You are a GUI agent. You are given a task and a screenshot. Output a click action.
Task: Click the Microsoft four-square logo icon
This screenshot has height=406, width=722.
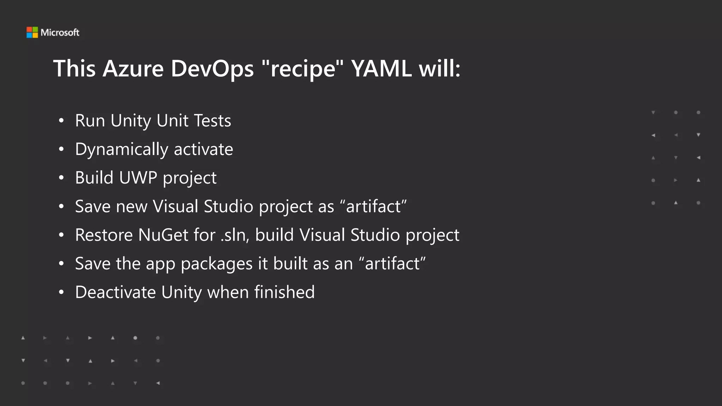(32, 32)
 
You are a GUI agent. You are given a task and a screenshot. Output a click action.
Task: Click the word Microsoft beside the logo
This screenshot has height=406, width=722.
(60, 32)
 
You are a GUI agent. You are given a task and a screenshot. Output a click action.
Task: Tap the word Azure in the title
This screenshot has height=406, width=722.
(133, 68)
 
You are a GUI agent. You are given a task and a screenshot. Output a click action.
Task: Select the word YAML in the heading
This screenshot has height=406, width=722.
(381, 68)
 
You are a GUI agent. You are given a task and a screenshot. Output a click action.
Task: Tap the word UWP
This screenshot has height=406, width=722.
(138, 178)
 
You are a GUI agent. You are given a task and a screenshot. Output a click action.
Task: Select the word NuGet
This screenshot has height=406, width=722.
(163, 235)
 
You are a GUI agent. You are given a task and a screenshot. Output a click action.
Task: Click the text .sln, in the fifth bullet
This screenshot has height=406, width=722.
(235, 235)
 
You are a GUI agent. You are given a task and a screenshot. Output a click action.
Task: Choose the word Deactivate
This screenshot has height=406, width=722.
(115, 292)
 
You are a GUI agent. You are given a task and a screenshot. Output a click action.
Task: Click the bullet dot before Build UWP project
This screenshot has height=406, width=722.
(61, 178)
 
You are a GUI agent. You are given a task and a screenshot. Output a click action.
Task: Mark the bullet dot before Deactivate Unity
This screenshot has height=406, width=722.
(61, 293)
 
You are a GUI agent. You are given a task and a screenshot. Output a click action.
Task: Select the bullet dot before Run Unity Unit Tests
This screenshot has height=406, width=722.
(61, 121)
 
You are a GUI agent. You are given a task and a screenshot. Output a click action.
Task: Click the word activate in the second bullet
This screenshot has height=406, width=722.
(203, 149)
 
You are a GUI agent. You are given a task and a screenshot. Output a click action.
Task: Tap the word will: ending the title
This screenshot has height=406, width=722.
(440, 68)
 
